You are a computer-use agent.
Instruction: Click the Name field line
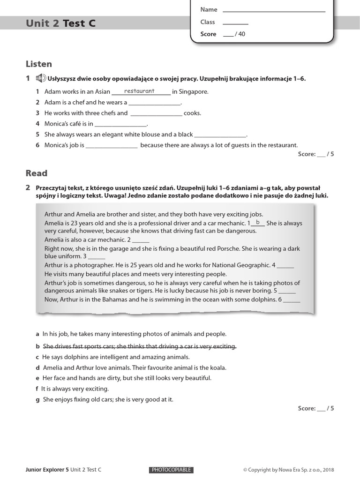274,10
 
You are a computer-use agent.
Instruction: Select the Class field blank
235,22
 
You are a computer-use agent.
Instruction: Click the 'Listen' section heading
39,64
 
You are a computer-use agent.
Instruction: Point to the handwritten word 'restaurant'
139,91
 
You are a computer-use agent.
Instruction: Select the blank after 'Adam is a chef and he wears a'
154,103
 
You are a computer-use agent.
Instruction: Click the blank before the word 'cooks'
156,113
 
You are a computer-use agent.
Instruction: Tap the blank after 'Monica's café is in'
120,124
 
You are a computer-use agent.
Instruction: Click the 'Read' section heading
37,173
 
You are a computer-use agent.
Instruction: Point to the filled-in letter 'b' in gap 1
257,222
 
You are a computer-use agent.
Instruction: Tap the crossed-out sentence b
139,346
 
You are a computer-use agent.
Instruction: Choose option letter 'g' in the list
37,400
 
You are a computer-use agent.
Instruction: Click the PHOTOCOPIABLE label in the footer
171,470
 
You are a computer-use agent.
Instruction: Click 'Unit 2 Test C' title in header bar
61,23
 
